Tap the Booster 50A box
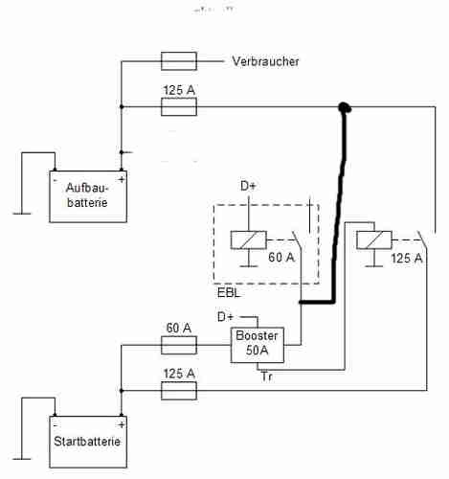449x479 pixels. [258, 345]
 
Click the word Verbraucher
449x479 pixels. [265, 61]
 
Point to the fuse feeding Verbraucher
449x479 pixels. [179, 61]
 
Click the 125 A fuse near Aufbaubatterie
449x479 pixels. [179, 106]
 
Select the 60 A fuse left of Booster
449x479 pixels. [179, 345]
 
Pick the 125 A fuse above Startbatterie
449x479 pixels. [179, 391]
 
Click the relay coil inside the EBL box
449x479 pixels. [249, 239]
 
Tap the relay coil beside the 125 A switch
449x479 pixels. [374, 239]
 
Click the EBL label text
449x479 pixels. [229, 293]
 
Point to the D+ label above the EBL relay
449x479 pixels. [248, 186]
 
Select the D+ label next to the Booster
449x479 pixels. [226, 317]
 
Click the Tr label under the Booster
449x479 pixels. [267, 376]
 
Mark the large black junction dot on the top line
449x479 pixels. [345, 107]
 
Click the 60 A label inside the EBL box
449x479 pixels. [281, 258]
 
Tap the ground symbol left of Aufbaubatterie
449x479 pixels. [22, 214]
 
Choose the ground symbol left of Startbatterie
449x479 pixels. [22, 459]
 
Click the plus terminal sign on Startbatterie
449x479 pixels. [122, 425]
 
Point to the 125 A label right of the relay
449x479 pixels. [407, 258]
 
